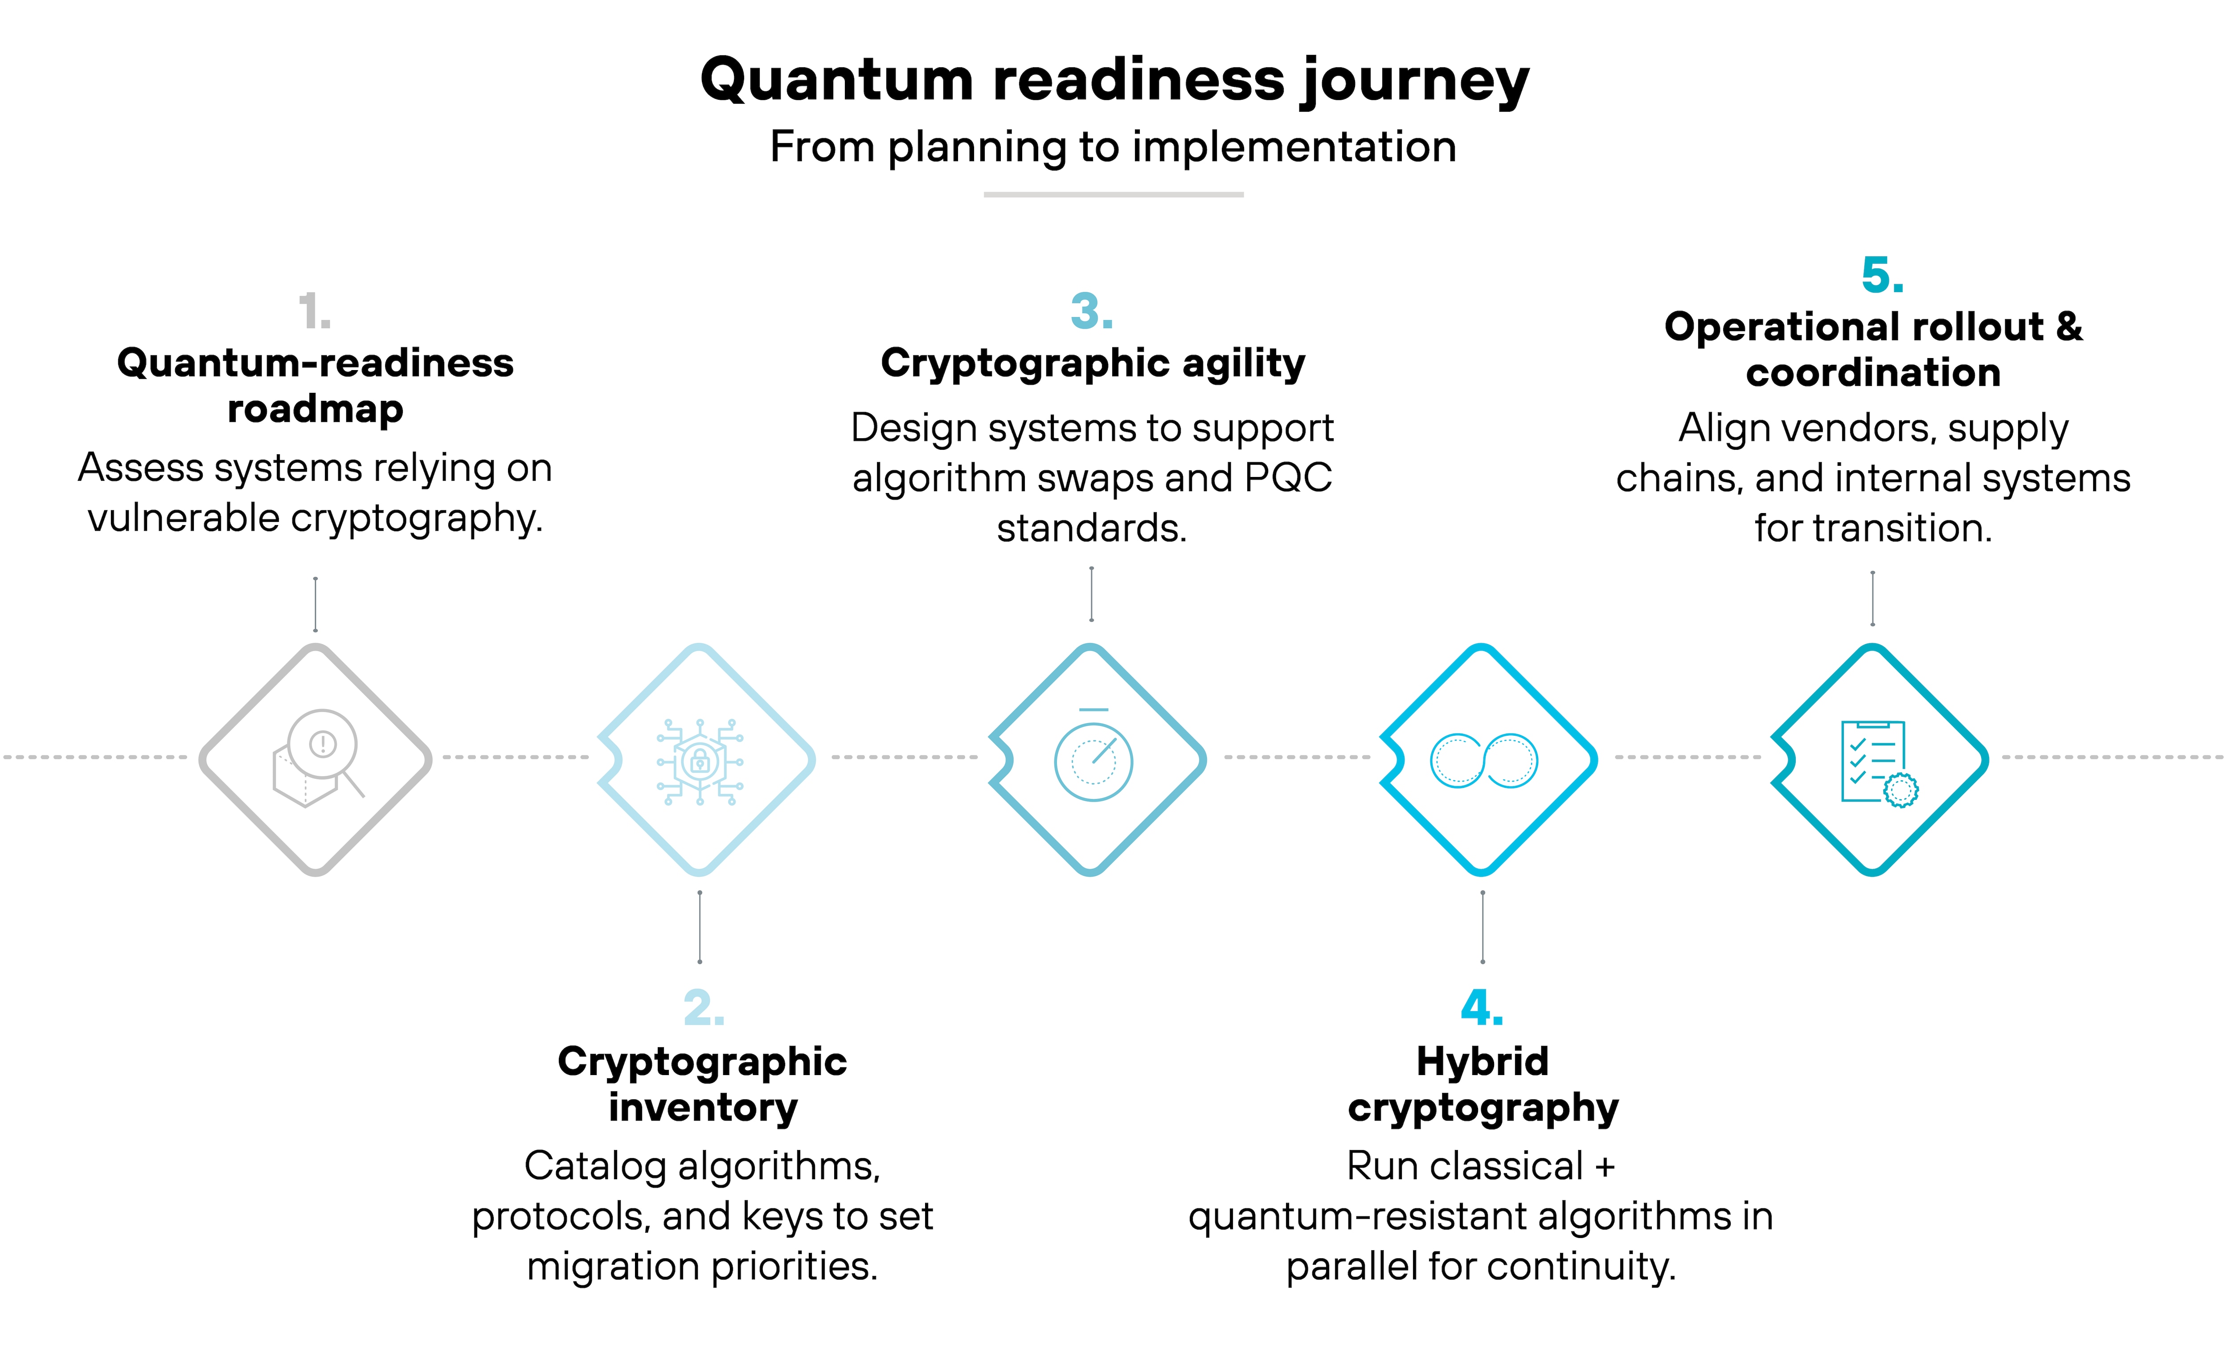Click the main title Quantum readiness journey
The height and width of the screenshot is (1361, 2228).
[x=1114, y=80]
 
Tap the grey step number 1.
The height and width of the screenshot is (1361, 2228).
[x=314, y=312]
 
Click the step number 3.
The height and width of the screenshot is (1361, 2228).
[x=1091, y=312]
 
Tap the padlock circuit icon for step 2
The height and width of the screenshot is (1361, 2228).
[x=700, y=761]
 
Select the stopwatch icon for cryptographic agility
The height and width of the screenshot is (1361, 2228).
[x=1093, y=757]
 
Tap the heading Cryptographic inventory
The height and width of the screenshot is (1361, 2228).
[x=703, y=1084]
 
